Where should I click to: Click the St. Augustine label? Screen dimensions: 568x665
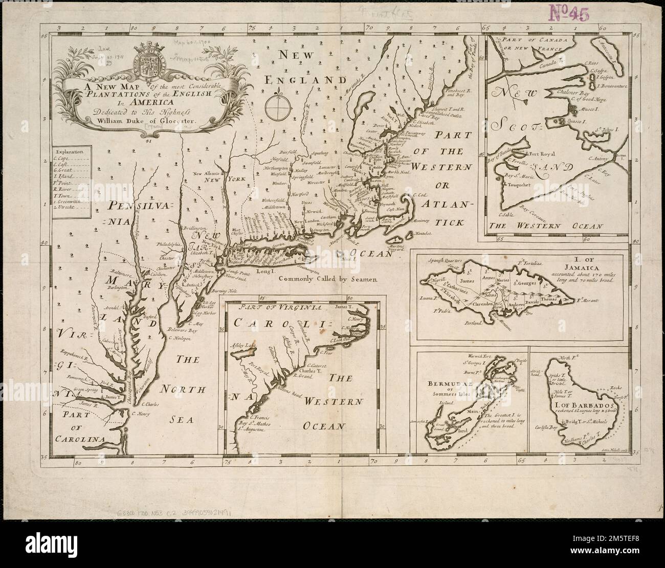click(x=252, y=430)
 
